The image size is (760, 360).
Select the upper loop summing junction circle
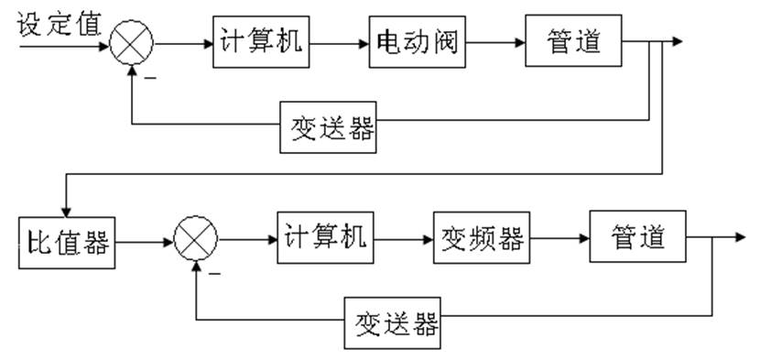click(133, 42)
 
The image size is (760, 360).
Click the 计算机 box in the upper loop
click(258, 41)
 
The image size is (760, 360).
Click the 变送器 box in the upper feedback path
click(327, 129)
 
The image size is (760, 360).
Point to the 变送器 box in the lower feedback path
click(392, 323)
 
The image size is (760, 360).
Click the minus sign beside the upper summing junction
click(148, 77)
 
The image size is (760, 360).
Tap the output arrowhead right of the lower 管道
click(740, 237)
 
